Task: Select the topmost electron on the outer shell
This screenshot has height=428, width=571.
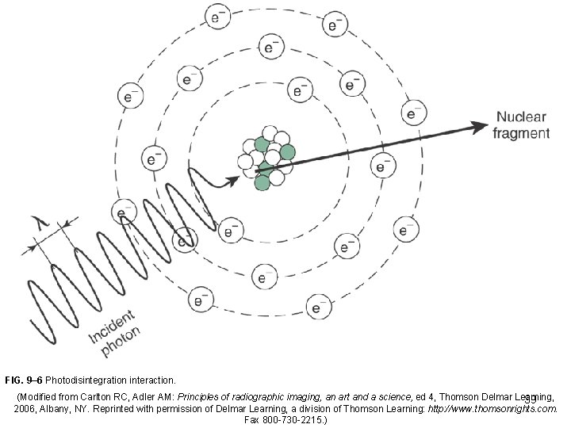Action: coord(218,16)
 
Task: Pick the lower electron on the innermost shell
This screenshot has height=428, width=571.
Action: coord(230,232)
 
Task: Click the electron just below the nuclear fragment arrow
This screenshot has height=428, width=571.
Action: coord(383,167)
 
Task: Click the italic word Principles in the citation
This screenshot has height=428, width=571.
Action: coord(201,395)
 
